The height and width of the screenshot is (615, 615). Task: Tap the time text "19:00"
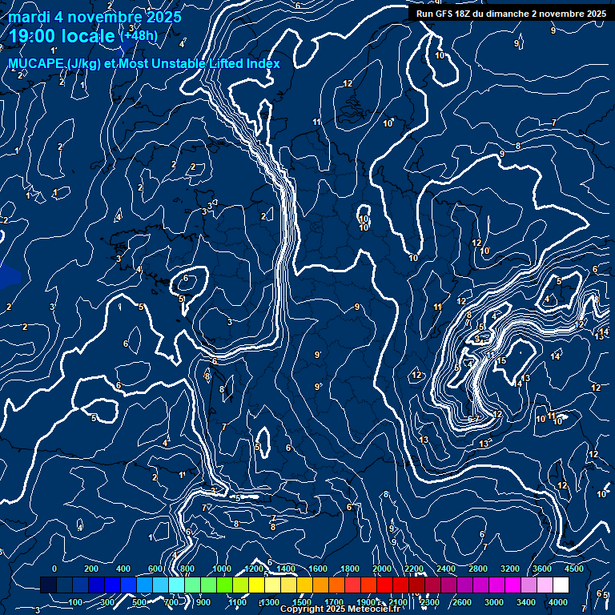pos(34,36)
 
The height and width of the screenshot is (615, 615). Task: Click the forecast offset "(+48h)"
pos(139,35)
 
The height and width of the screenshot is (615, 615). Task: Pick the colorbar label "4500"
pos(574,569)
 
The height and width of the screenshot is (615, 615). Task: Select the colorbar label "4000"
pos(558,602)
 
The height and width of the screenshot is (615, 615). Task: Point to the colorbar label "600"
pos(155,569)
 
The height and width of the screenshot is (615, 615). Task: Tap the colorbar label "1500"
pos(302,602)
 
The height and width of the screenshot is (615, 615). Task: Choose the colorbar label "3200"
pos(510,569)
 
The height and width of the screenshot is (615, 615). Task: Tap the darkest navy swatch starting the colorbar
pos(48,585)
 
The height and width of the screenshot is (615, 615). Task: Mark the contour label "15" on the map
pos(502,361)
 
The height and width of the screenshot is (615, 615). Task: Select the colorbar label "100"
pos(76,602)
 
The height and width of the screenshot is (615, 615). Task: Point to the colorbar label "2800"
pos(478,569)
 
